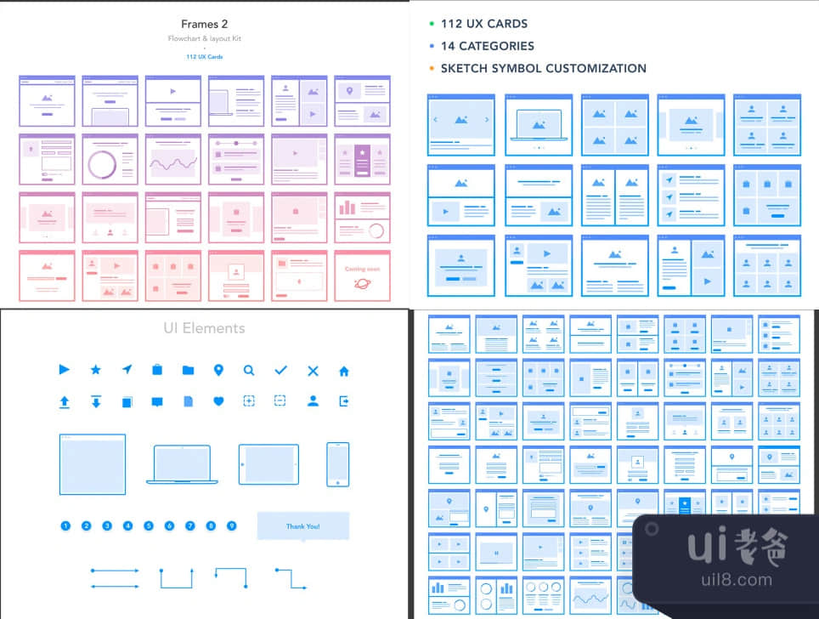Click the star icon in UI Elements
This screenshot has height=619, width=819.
96,370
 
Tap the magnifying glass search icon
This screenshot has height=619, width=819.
249,370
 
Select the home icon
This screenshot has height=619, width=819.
344,371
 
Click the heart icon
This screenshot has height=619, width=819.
218,401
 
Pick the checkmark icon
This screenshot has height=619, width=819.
281,370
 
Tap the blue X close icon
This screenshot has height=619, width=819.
313,371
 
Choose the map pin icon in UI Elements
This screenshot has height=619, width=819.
218,370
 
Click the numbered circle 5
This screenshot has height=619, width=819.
149,525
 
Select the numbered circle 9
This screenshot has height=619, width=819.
231,525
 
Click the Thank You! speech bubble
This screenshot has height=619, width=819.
302,526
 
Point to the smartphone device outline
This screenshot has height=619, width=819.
338,464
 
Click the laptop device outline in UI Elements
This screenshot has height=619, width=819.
182,464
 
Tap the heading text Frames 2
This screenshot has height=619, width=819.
204,24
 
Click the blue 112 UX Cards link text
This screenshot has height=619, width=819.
204,56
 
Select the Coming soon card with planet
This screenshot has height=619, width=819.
362,275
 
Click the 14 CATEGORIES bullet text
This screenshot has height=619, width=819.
487,46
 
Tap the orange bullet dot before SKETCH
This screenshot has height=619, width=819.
432,68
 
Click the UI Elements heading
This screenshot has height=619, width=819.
204,327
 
